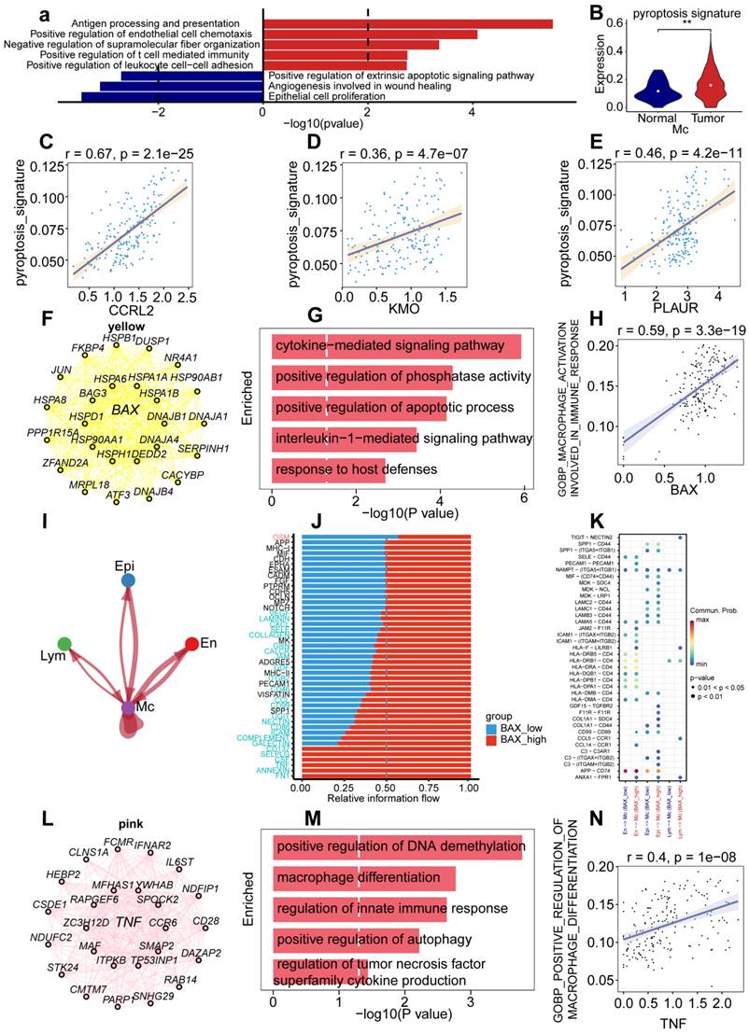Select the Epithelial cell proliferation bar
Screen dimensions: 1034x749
click(172, 96)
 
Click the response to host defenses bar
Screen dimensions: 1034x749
click(328, 470)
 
